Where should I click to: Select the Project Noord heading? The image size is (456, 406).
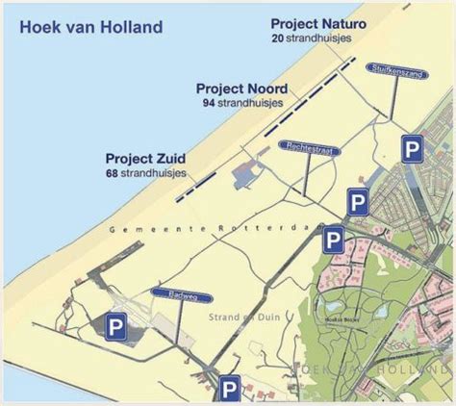pyautogui.click(x=241, y=88)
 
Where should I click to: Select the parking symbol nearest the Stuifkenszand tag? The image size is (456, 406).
pyautogui.click(x=412, y=149)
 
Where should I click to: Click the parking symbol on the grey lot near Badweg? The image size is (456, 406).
pyautogui.click(x=116, y=325)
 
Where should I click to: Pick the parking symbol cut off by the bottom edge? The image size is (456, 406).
pyautogui.click(x=230, y=389)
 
